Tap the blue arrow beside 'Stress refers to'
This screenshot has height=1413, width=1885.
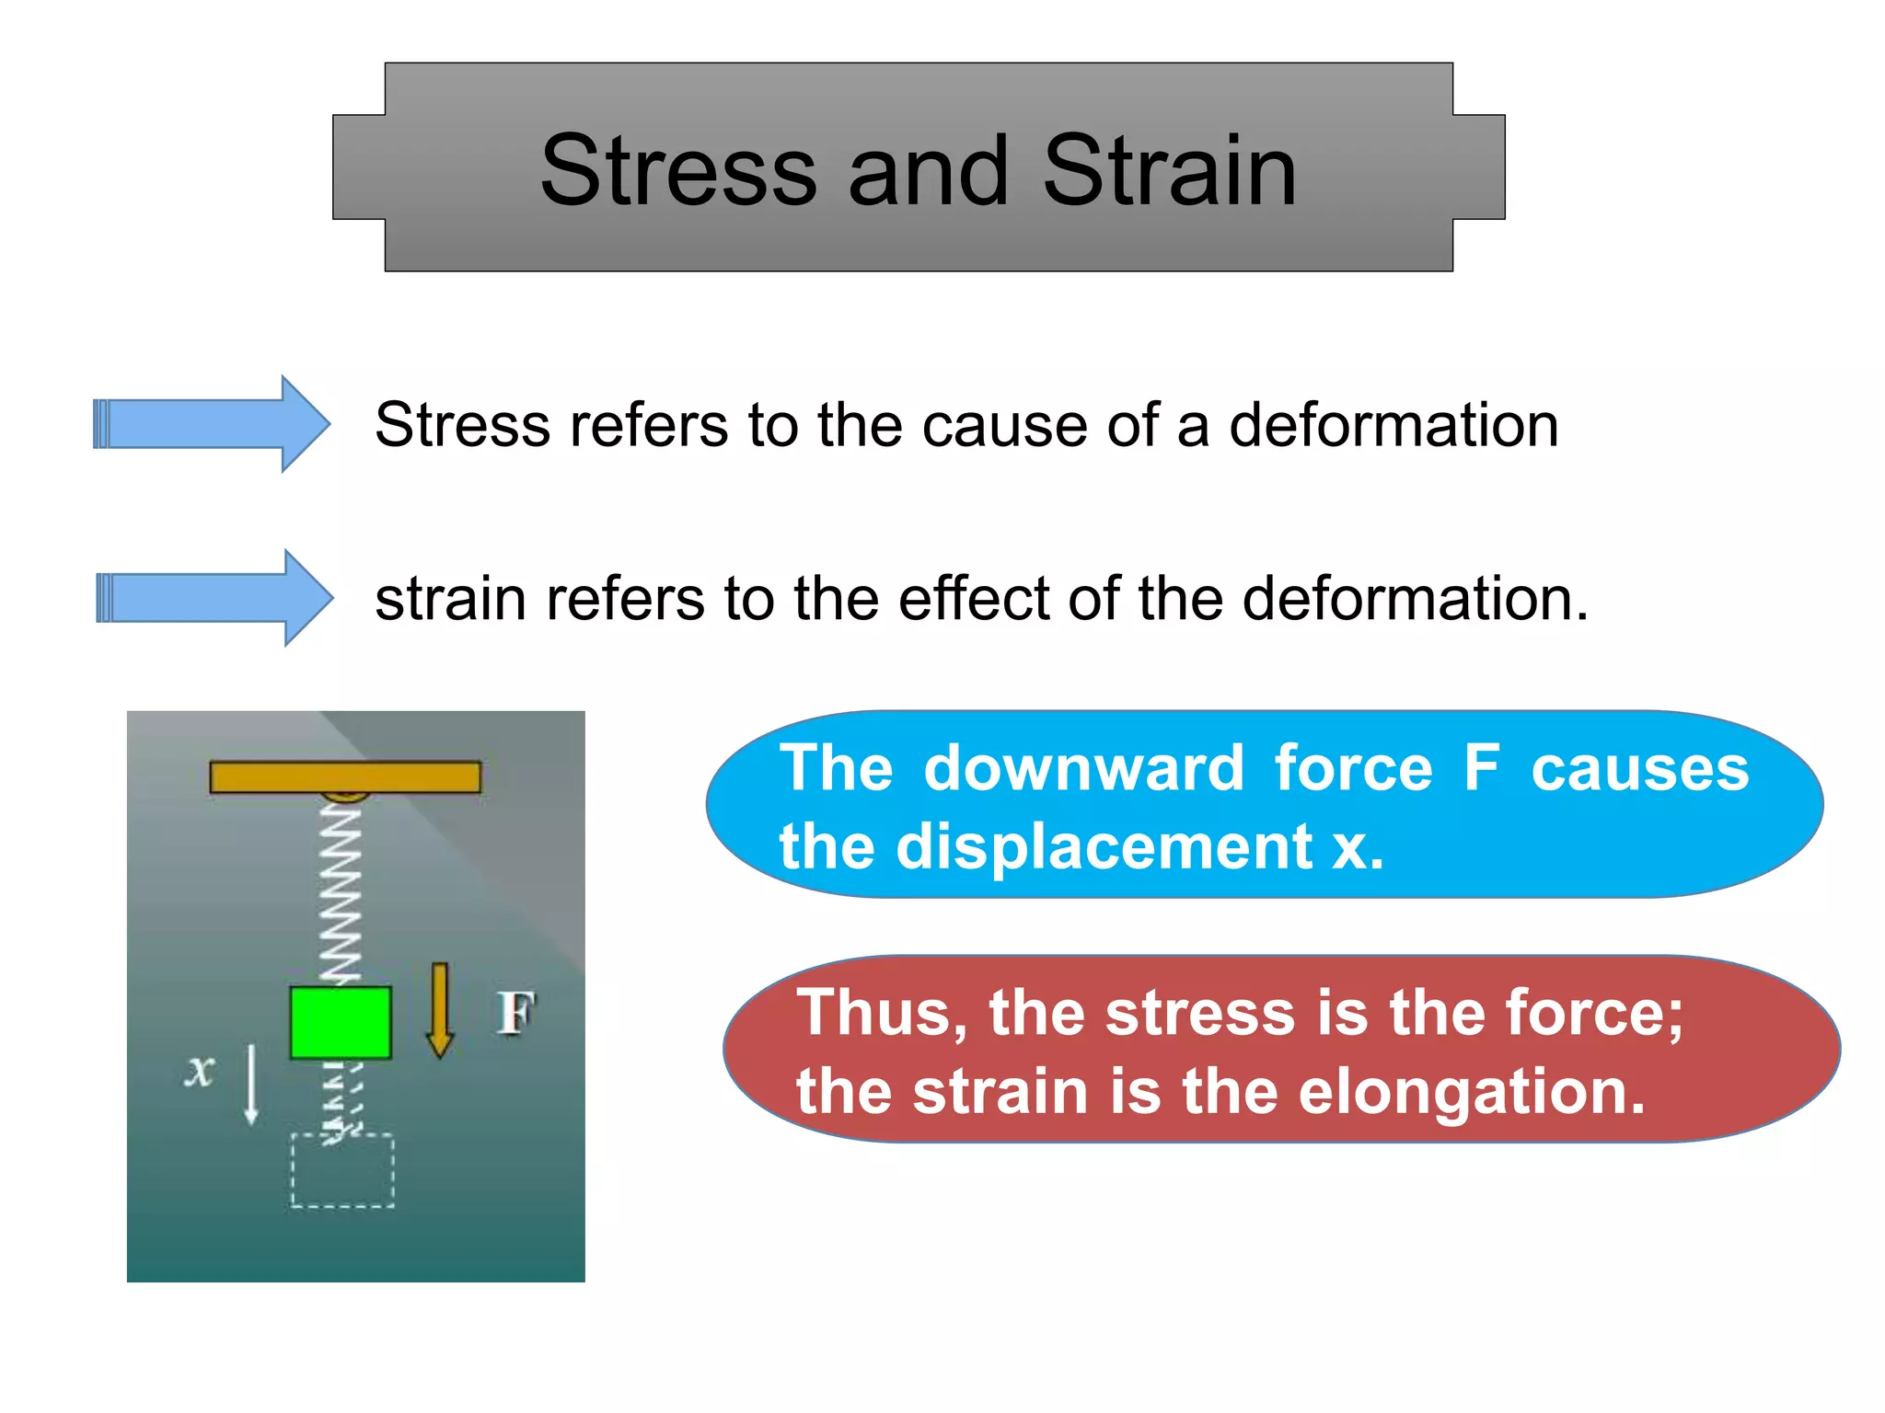pyautogui.click(x=212, y=424)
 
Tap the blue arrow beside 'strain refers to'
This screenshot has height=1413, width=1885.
pyautogui.click(x=214, y=598)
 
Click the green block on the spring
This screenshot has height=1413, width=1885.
pyautogui.click(x=341, y=1022)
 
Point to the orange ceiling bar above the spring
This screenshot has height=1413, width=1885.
pyautogui.click(x=345, y=776)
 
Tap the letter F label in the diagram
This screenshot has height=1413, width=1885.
pyautogui.click(x=515, y=1013)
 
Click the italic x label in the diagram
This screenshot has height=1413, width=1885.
pyautogui.click(x=199, y=1070)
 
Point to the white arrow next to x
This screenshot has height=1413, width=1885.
pyautogui.click(x=250, y=1086)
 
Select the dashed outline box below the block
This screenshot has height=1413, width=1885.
pyautogui.click(x=342, y=1170)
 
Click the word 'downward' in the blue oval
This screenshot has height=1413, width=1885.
pyautogui.click(x=1083, y=768)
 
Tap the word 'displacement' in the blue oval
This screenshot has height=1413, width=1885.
pyautogui.click(x=1104, y=846)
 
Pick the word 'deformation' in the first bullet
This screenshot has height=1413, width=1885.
pyautogui.click(x=1394, y=426)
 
